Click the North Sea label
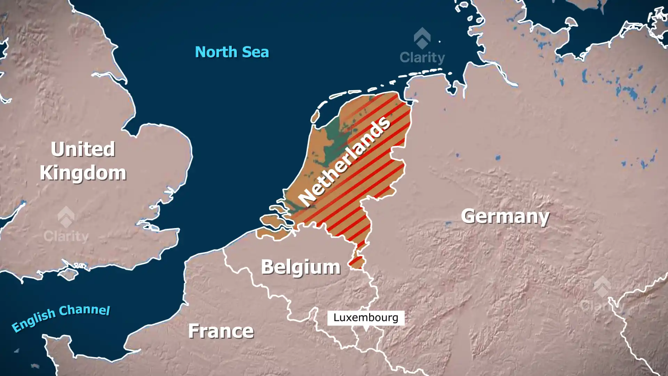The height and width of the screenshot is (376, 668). tap(232, 52)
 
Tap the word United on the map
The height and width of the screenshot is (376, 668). tap(83, 149)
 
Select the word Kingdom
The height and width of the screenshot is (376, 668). tap(83, 173)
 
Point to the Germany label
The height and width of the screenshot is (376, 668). tap(505, 216)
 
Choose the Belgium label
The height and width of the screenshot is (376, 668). tap(301, 267)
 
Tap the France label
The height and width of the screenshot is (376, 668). tap(221, 331)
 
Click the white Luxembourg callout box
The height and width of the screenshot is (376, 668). tap(366, 318)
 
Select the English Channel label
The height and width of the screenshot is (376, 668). tap(61, 318)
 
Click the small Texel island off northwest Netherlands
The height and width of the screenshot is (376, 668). tap(315, 116)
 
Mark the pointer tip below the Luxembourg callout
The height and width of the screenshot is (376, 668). tap(366, 330)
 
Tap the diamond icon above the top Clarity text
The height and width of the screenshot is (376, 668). tap(422, 38)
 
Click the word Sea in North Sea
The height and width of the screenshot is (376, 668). tap(255, 52)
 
